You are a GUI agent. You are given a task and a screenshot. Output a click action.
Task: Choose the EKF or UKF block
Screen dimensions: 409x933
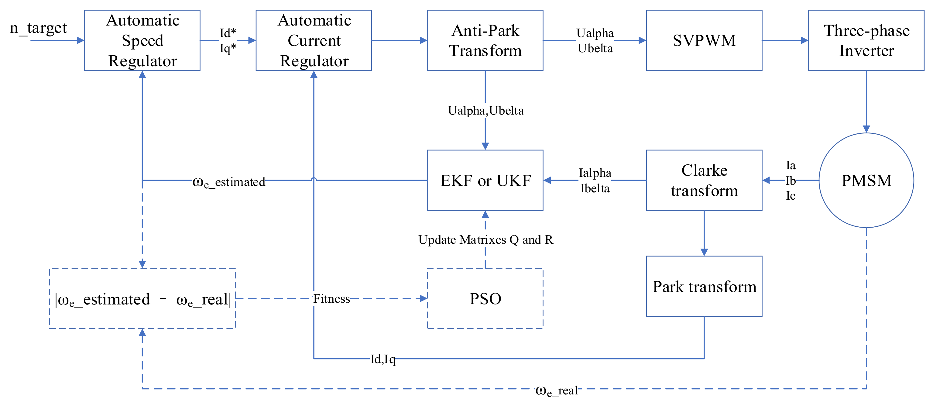[485, 180]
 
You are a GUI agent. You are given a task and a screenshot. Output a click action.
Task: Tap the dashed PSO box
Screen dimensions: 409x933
[485, 298]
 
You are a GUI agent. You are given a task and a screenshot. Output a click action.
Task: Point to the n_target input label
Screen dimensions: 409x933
[38, 28]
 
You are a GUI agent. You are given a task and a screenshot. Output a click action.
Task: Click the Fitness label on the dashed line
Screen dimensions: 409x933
[331, 298]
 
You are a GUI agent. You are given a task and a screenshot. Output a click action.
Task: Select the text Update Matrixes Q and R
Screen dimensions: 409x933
[485, 239]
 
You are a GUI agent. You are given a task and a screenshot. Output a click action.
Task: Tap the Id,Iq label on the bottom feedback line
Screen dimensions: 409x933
[382, 359]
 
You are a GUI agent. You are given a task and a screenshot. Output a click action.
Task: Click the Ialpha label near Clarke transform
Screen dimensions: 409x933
[595, 173]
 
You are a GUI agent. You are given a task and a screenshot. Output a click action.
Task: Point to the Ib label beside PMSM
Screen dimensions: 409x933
[790, 180]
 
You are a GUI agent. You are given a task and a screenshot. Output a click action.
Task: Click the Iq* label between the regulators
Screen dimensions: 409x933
[228, 48]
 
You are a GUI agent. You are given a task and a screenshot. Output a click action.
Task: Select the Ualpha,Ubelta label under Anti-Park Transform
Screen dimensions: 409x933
[485, 111]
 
